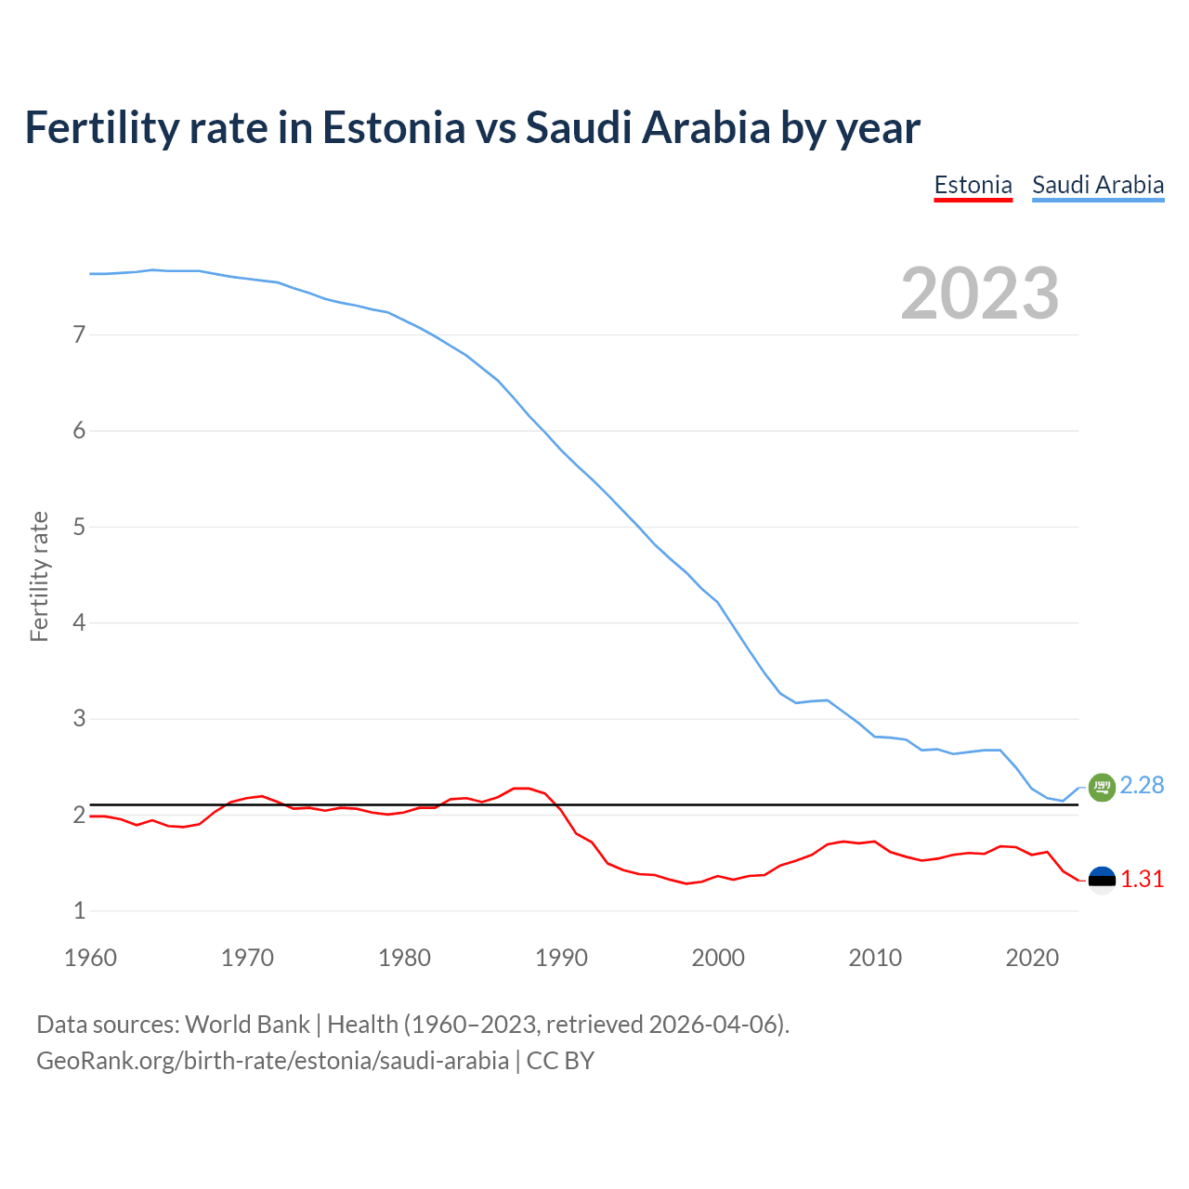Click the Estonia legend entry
tap(973, 185)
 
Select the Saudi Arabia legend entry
tap(1098, 185)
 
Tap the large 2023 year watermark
tap(979, 294)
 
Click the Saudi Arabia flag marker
tap(1101, 787)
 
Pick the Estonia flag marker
tap(1101, 880)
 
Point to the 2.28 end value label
tap(1142, 786)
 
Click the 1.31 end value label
tap(1142, 880)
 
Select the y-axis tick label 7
tap(79, 334)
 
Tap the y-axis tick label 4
tap(79, 622)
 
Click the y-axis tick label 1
tap(79, 911)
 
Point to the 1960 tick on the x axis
tap(90, 958)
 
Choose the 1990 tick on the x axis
tap(561, 958)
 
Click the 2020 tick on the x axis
tap(1032, 958)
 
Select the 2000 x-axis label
tap(718, 958)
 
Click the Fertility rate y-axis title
tap(39, 576)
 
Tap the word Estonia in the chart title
tap(393, 128)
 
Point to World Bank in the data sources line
tap(247, 1025)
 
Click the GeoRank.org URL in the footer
tap(272, 1061)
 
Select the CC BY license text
tap(560, 1061)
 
